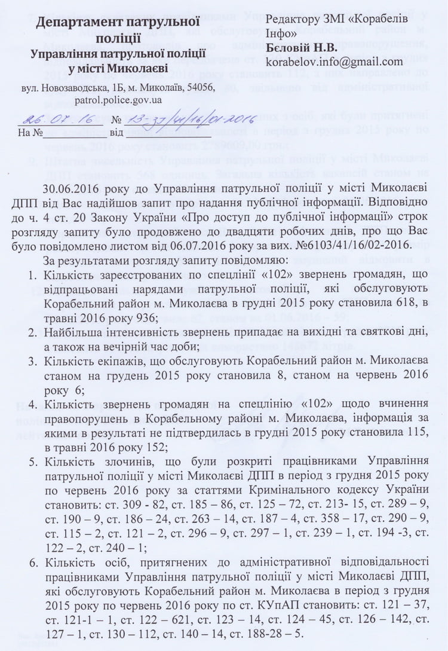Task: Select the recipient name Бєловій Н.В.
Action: tap(302, 47)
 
